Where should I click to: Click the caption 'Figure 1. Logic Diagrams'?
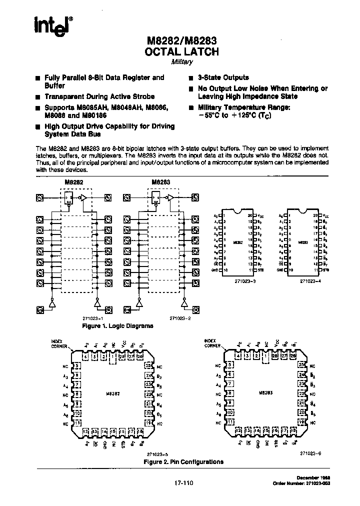[x=117, y=326]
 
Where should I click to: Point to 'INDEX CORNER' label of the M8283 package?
[x=212, y=343]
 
